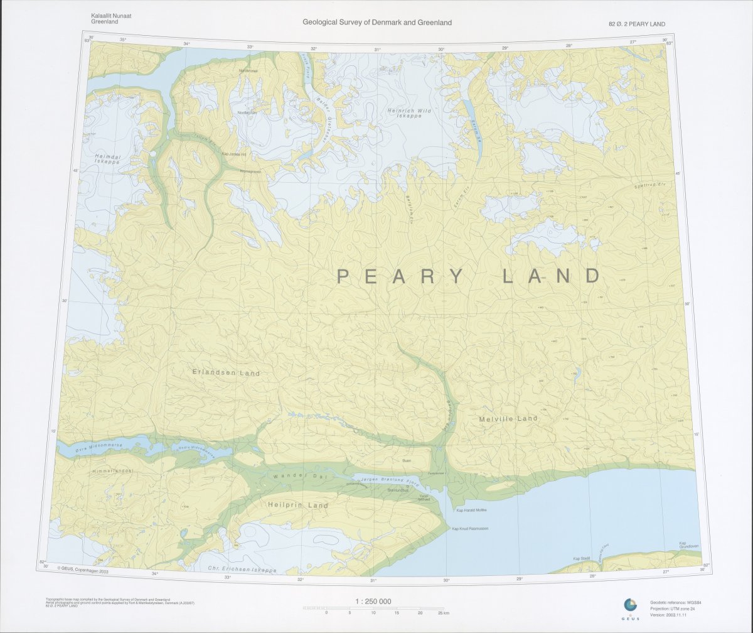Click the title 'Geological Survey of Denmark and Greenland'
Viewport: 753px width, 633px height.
377,23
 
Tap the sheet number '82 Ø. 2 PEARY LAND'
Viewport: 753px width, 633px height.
636,24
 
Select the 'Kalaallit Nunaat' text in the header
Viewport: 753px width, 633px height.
112,15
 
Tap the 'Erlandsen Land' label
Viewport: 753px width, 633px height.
226,373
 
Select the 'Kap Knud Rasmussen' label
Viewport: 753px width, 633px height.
470,528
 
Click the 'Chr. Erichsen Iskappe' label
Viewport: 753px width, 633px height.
242,570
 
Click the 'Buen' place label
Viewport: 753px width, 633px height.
406,460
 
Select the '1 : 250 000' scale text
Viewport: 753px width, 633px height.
373,602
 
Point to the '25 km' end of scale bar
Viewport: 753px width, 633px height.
443,612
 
